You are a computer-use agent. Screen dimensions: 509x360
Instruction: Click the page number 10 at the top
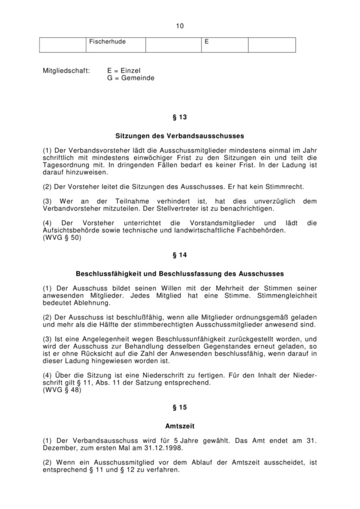(x=180, y=26)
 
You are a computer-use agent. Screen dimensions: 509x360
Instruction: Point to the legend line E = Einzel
(x=124, y=71)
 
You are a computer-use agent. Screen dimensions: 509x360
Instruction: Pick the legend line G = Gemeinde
(x=130, y=78)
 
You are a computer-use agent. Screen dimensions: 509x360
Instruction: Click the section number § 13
(x=180, y=117)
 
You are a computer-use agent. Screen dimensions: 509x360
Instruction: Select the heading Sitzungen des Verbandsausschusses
(x=180, y=135)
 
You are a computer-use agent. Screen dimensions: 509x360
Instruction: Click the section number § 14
(x=180, y=255)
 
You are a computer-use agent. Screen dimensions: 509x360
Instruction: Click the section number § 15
(x=180, y=407)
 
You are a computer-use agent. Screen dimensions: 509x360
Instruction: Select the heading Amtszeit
(x=180, y=425)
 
